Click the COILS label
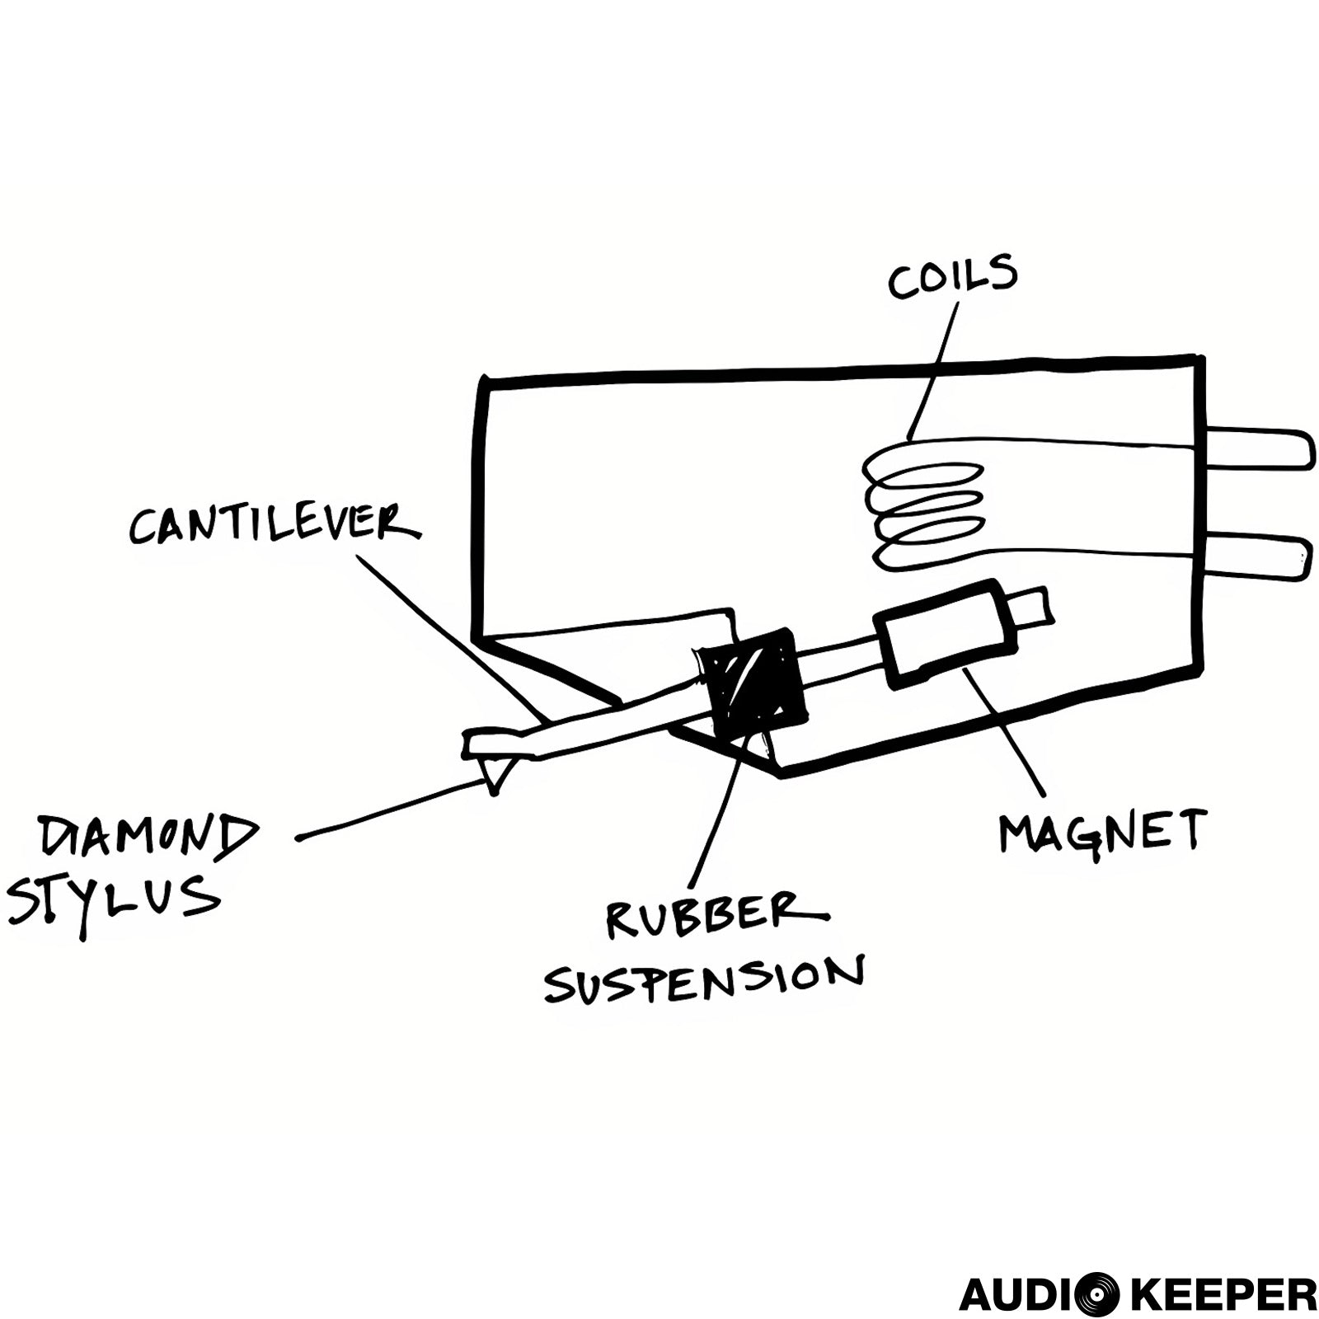952,277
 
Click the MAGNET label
1102,831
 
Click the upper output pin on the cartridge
1253,449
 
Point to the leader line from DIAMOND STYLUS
387,811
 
